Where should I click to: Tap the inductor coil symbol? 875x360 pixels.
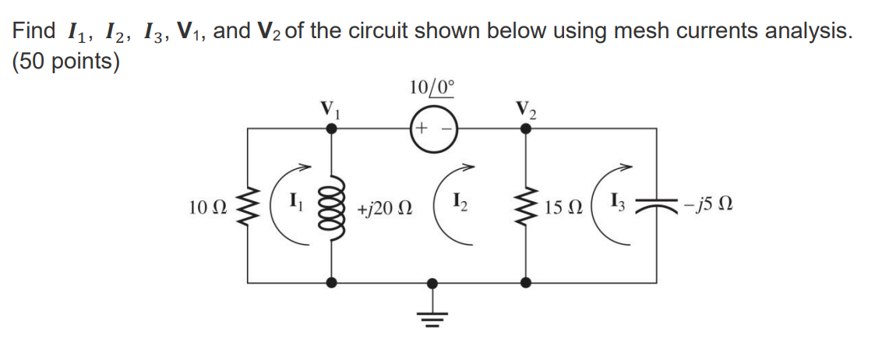333,207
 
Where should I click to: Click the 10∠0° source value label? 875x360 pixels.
429,86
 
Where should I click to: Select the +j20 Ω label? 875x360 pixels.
384,209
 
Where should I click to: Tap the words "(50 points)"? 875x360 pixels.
65,62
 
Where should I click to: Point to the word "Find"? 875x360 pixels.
34,31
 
